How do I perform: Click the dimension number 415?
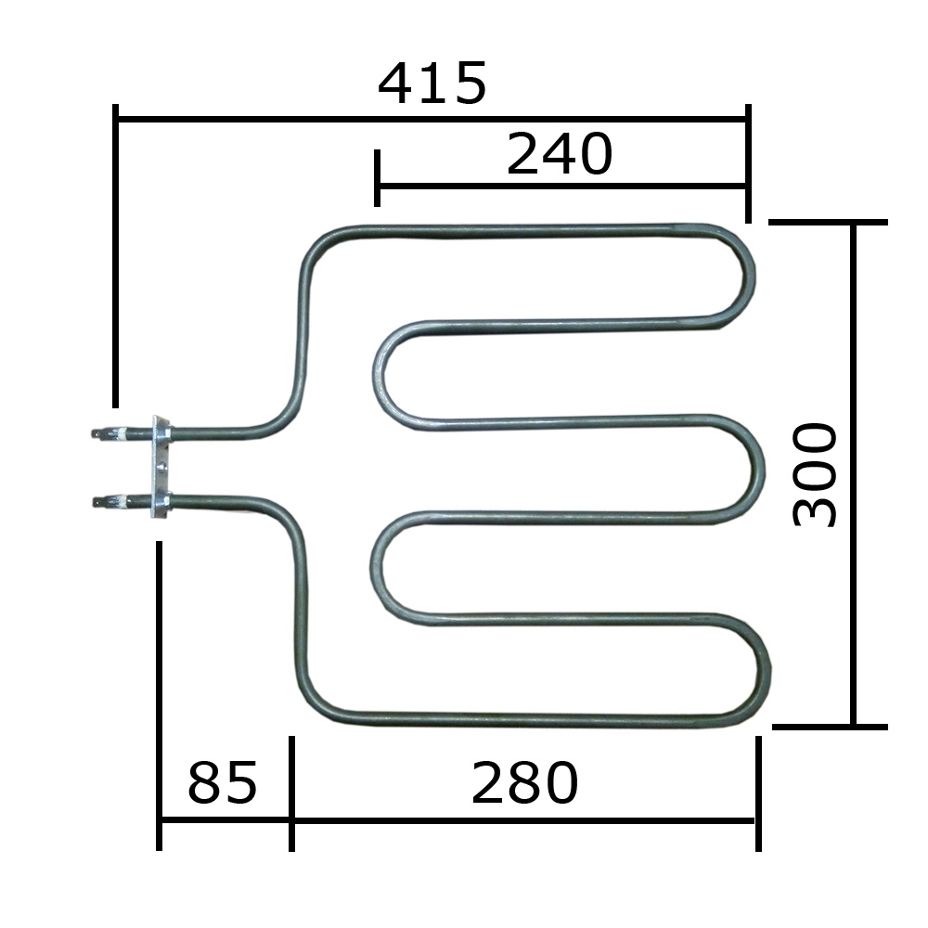[432, 84]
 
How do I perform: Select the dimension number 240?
[560, 154]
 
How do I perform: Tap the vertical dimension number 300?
[815, 474]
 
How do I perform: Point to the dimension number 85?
[223, 782]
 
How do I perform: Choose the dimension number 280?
[524, 782]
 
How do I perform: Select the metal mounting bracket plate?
[161, 468]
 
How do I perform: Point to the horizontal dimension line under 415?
[432, 119]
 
